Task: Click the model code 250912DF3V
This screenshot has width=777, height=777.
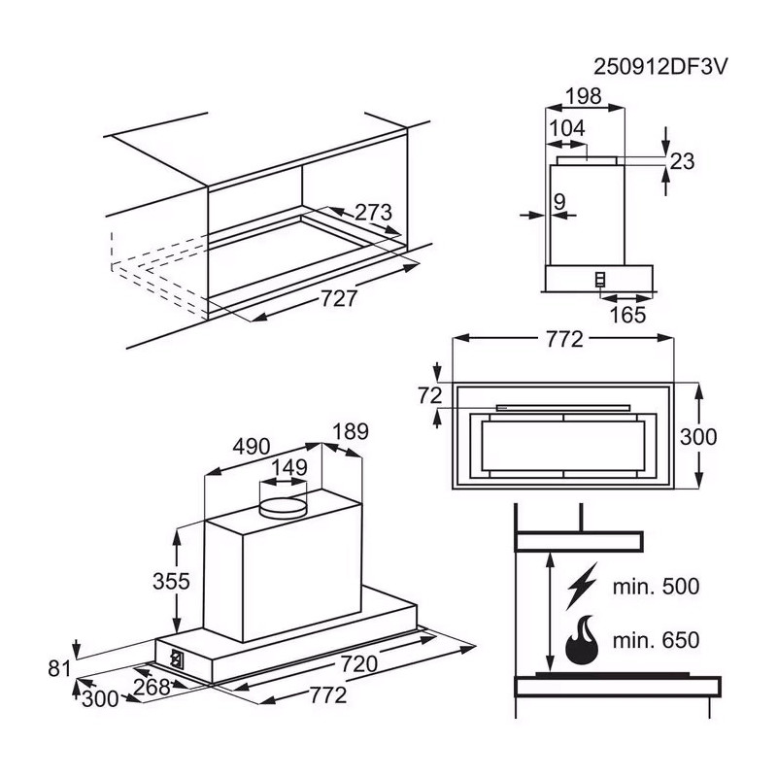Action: tap(660, 67)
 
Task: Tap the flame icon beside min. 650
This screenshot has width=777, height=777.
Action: tap(582, 640)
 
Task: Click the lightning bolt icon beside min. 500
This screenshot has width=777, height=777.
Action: tap(582, 586)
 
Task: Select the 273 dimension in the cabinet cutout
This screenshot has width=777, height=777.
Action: tap(373, 213)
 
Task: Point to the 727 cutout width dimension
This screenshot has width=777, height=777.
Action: tap(339, 298)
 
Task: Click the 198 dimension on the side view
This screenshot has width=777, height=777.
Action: tap(584, 96)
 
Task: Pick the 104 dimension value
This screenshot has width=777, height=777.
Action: tap(567, 128)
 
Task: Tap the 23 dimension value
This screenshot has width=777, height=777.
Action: tap(683, 161)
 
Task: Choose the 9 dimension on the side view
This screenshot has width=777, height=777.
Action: tap(559, 202)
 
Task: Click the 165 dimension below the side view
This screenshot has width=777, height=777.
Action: tap(627, 315)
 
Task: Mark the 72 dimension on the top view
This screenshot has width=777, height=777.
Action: tap(429, 396)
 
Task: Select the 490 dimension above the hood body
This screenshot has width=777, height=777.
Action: tap(252, 447)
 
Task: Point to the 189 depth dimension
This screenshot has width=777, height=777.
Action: tap(351, 431)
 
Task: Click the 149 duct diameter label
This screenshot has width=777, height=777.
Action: tap(289, 467)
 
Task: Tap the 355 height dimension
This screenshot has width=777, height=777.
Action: tap(171, 581)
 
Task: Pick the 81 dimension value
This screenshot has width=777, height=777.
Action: tap(60, 668)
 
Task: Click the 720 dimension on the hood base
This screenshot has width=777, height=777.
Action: tap(359, 663)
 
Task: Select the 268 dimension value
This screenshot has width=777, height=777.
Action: tap(152, 687)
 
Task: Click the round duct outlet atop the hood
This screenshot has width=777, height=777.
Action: tap(284, 508)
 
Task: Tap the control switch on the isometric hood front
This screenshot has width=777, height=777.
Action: tap(176, 659)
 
